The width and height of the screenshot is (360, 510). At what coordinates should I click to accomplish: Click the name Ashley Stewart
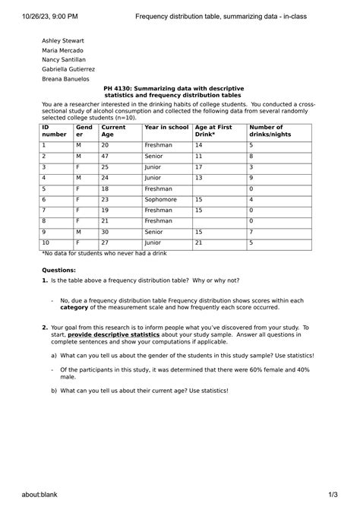coord(63,40)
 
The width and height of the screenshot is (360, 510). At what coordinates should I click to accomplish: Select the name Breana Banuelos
coord(65,78)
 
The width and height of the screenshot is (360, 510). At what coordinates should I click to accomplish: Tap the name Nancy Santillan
coord(64,59)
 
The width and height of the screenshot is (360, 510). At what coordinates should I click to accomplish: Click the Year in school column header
coord(166,128)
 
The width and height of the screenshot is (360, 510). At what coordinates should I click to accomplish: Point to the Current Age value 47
coord(105,156)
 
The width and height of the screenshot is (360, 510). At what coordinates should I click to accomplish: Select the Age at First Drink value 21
coord(199,242)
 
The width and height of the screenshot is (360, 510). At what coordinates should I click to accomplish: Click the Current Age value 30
coord(105,232)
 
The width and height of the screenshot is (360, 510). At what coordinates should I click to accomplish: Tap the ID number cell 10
coord(46,242)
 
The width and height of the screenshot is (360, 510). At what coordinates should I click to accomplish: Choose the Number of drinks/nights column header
coord(266,131)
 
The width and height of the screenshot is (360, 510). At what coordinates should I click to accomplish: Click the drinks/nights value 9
coord(251,177)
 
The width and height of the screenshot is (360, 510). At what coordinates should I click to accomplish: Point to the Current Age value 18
coord(105,188)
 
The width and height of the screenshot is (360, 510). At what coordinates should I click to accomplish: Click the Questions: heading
coord(58,270)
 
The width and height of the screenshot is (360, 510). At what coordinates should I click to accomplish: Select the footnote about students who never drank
coord(104,253)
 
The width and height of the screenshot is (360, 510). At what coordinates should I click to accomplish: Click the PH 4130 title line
coord(174,88)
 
